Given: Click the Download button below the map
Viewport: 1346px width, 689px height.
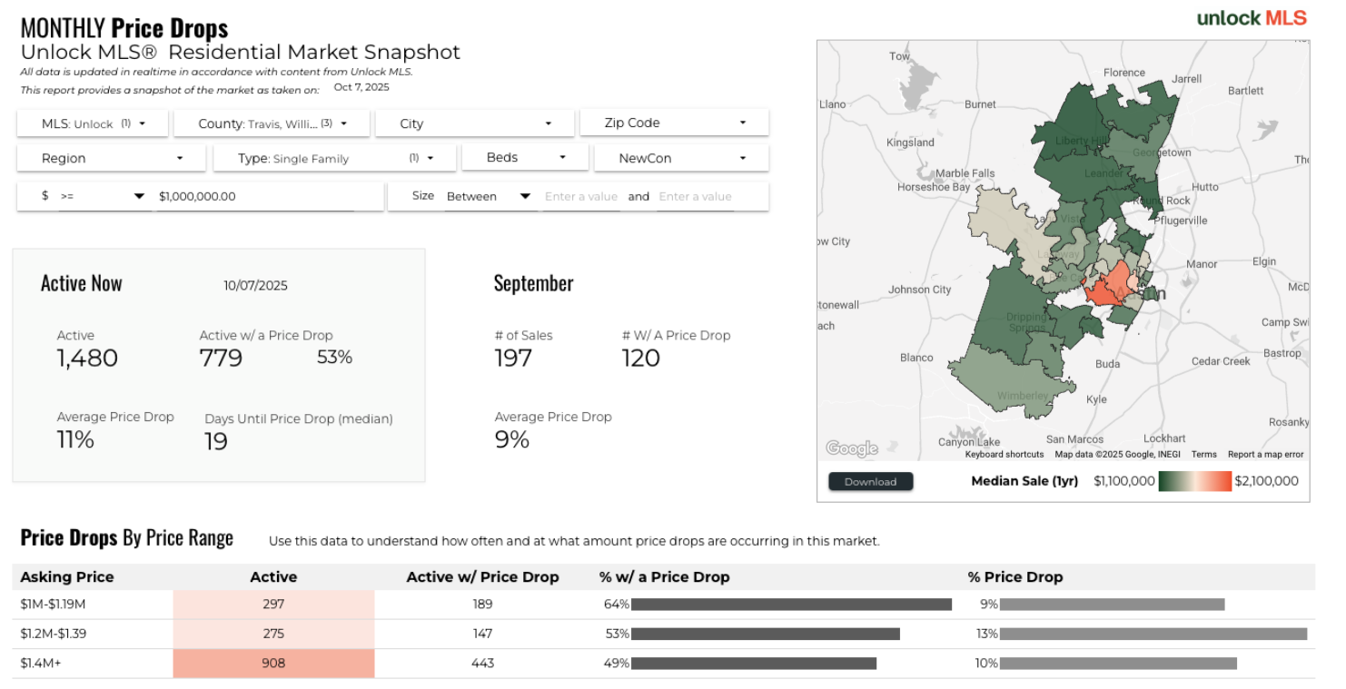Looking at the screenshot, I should (x=870, y=482).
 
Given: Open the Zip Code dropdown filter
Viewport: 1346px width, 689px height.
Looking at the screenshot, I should (x=675, y=123).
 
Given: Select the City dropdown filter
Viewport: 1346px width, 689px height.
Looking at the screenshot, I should (x=474, y=123).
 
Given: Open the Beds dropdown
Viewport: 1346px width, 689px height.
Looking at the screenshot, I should (x=525, y=158).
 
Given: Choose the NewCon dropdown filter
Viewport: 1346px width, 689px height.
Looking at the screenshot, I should (x=681, y=158).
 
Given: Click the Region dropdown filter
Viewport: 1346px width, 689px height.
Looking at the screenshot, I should (x=112, y=158).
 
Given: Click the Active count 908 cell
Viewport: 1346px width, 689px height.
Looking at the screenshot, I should (x=273, y=664).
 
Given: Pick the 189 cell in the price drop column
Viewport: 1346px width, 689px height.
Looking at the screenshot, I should (x=482, y=605).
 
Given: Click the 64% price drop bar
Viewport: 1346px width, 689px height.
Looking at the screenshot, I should (x=791, y=605).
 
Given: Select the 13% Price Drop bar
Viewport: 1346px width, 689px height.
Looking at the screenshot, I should (x=1153, y=634).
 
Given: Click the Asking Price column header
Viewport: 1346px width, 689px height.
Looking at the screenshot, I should (x=67, y=577).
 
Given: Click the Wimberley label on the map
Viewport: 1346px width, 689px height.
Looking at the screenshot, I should (x=1023, y=396).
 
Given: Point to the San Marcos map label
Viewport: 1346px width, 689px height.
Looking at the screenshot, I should (x=1074, y=439).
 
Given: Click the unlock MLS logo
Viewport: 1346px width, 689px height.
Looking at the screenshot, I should (x=1252, y=18).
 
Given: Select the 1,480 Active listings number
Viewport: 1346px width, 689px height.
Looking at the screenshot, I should (x=87, y=359).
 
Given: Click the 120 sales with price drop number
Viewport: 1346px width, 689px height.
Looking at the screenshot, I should (x=640, y=359).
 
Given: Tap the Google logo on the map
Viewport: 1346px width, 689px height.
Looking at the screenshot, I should (x=851, y=448).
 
